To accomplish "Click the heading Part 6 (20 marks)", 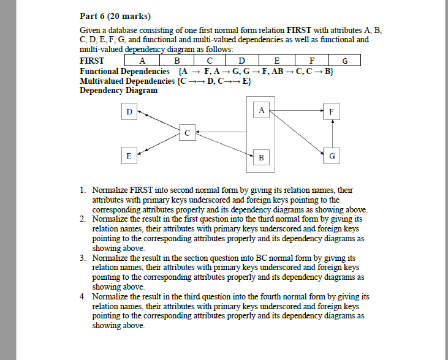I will tap(115, 16).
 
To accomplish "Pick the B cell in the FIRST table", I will tap(177, 61).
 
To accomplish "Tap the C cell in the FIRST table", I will tap(210, 61).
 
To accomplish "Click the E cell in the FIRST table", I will tap(276, 61).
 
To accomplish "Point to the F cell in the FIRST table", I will tap(311, 61).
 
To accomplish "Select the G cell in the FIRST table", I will tap(344, 61).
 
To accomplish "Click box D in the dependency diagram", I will tap(129, 112).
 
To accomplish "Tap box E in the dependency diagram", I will tap(129, 156).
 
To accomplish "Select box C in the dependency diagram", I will tap(188, 132).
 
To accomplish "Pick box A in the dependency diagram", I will tap(262, 110).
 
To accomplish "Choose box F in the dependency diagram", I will tap(332, 112).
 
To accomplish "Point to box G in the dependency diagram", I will tap(332, 156).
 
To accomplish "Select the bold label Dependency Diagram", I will tap(118, 90).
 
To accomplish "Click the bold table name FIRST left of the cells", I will tap(92, 61).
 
